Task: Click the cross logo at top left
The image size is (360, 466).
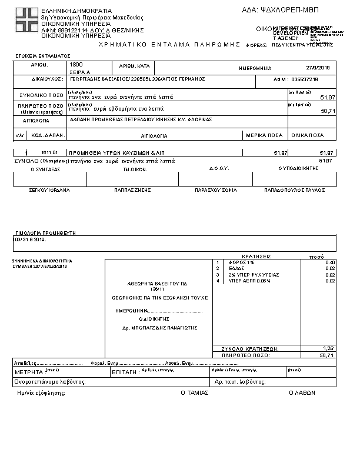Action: pyautogui.click(x=26, y=21)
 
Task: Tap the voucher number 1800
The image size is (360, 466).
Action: pyautogui.click(x=76, y=64)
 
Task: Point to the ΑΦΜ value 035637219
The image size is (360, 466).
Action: pyautogui.click(x=305, y=79)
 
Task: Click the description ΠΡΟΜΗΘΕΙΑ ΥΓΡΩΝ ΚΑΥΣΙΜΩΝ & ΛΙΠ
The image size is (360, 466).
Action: pyautogui.click(x=115, y=152)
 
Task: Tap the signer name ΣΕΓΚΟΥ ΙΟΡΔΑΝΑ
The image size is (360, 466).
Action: pyautogui.click(x=49, y=191)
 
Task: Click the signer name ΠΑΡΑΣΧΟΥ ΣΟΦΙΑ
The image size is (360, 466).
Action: pyautogui.click(x=215, y=191)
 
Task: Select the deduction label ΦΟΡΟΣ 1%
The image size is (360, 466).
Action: pyautogui.click(x=240, y=262)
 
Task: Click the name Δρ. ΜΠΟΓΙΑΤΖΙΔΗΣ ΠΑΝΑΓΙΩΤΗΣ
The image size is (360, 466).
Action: pyautogui.click(x=159, y=328)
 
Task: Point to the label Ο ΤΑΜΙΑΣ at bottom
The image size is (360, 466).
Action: pyautogui.click(x=194, y=392)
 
